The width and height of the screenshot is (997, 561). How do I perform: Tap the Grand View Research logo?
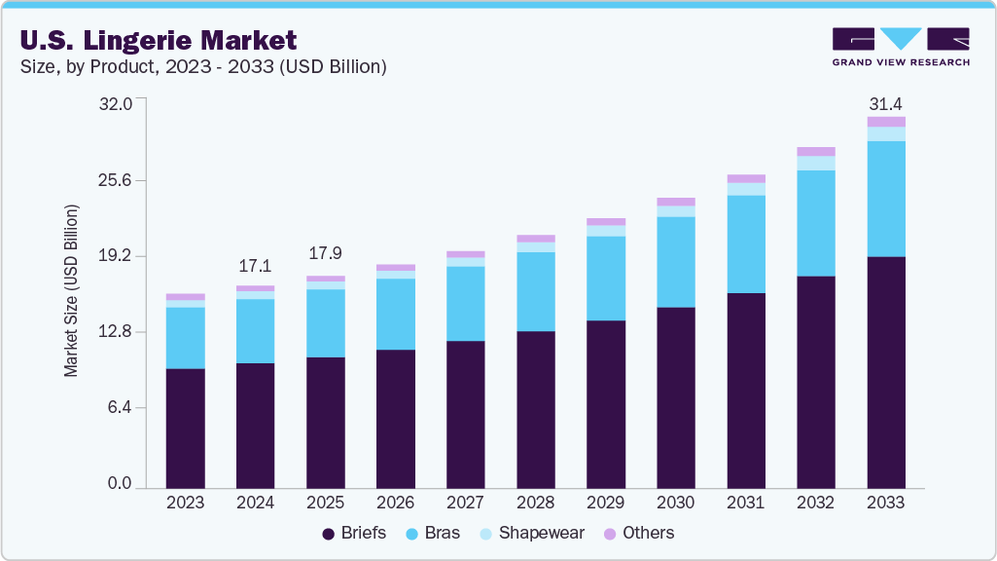[x=901, y=47]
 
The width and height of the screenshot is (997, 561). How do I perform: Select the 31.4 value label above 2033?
[x=885, y=103]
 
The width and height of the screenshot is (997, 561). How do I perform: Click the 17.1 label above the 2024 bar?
[x=255, y=266]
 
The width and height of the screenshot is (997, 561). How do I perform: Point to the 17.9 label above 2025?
[x=325, y=253]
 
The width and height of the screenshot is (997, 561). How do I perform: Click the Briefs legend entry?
[x=354, y=533]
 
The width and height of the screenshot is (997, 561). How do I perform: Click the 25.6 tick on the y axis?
[x=125, y=180]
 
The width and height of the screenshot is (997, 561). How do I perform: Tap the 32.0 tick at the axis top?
[x=125, y=103]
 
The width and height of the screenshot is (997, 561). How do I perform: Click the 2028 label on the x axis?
[x=535, y=503]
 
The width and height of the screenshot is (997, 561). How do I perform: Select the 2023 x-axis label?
[x=185, y=503]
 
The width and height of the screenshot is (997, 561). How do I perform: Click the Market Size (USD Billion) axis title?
[x=71, y=292]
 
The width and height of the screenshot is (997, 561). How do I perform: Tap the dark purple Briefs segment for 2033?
[x=885, y=372]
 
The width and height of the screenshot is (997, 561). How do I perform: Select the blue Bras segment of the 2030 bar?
[x=675, y=262]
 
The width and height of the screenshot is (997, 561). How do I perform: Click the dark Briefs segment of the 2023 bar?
[x=185, y=428]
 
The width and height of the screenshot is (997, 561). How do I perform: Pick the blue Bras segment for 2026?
[x=395, y=314]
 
